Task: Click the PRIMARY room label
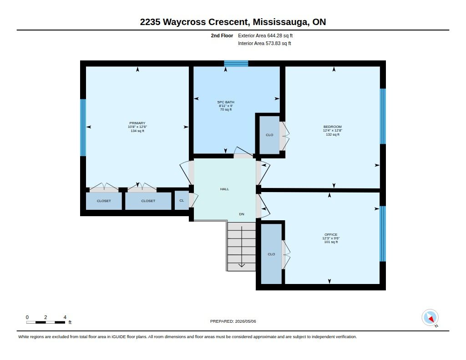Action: click(137, 123)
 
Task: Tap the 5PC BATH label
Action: click(226, 102)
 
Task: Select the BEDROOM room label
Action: click(333, 127)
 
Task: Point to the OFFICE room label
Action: click(331, 234)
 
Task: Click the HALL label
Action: click(224, 189)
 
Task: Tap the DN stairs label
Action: click(242, 214)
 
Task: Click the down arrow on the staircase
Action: click(242, 247)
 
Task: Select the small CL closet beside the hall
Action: click(182, 201)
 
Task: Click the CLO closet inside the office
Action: click(271, 254)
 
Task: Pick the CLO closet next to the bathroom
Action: click(269, 135)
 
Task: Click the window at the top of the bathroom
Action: click(236, 63)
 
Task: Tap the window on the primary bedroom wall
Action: click(83, 127)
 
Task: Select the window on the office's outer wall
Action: click(383, 233)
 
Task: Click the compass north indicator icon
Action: click(430, 318)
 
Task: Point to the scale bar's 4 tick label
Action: click(65, 317)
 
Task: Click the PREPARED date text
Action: click(233, 321)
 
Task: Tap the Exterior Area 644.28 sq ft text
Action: click(265, 35)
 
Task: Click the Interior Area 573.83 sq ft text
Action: click(264, 43)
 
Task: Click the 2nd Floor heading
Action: click(222, 35)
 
